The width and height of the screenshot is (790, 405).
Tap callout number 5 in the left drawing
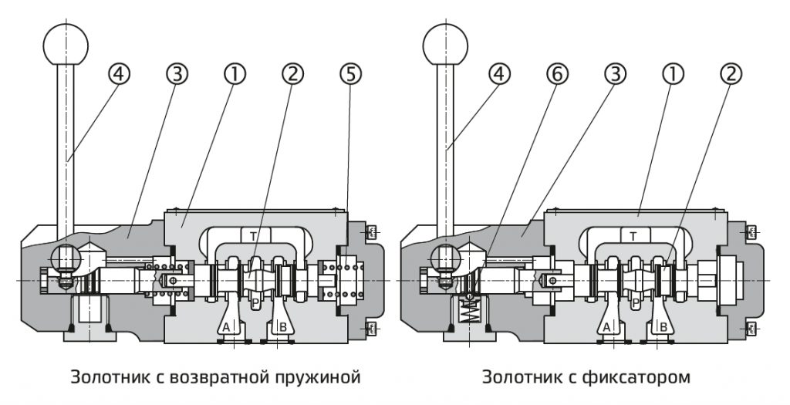(349, 74)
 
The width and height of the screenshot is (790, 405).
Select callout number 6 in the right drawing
(557, 74)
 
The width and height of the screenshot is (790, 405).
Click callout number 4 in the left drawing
(119, 74)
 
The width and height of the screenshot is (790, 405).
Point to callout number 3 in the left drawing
(177, 74)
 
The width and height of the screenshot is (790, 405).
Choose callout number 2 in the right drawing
(731, 74)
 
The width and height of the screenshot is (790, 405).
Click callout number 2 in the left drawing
(292, 74)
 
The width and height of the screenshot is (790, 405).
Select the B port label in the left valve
(283, 327)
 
